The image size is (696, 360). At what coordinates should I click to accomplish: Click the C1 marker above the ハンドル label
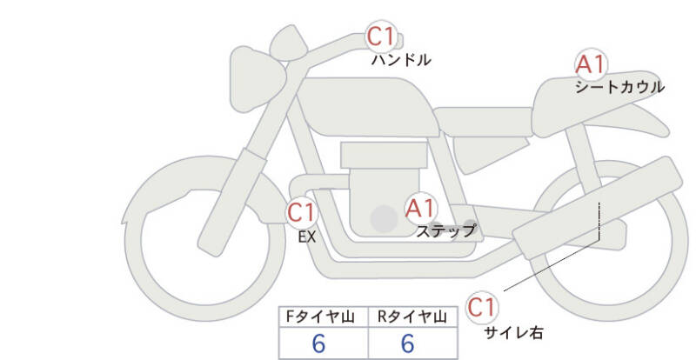coord(380,36)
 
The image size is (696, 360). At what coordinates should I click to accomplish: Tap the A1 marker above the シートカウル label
coord(591,64)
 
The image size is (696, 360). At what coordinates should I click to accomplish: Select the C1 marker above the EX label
coord(301,212)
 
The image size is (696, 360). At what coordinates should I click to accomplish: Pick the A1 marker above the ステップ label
coord(420,208)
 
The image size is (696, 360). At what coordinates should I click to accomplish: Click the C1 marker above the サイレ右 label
coord(482,307)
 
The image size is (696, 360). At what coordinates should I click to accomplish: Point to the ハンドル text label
coord(401,59)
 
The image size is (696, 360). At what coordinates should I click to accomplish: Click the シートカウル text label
coord(619,87)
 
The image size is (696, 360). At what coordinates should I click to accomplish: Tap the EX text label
coord(307,237)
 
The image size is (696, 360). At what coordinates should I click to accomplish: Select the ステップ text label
coord(445,230)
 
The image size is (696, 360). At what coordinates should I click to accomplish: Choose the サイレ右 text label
coord(513,332)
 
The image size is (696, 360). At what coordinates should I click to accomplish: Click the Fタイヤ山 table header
coord(320,317)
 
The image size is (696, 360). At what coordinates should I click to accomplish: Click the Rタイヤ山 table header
coord(412,317)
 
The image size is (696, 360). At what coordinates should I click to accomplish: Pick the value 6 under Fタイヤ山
coord(318,343)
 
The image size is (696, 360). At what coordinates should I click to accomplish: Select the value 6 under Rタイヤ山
coord(407,343)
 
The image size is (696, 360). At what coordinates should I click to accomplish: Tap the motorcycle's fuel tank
coord(367,108)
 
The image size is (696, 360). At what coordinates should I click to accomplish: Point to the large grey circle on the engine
coord(384,218)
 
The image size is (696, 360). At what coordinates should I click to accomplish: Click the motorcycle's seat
coord(483,122)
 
